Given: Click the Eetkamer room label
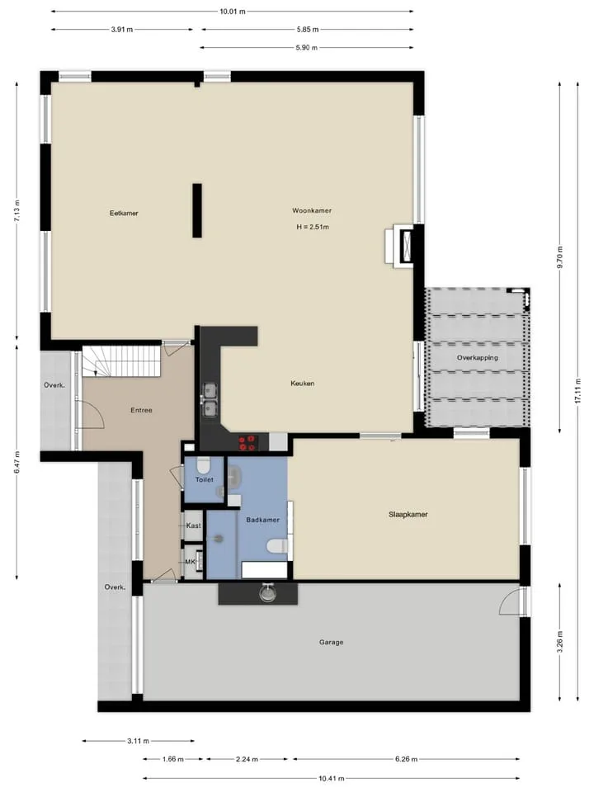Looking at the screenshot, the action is click(124, 214).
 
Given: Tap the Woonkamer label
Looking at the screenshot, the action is click(312, 211).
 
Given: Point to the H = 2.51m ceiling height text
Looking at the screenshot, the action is click(313, 227).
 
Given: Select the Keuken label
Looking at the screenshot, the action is click(302, 384).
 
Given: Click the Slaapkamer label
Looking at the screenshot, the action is click(408, 515).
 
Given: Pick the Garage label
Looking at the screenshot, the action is click(331, 642).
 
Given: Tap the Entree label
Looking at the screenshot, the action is click(141, 410).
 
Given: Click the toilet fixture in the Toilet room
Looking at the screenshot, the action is click(204, 465).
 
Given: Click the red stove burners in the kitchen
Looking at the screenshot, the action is click(247, 443).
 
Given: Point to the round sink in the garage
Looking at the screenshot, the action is click(267, 593).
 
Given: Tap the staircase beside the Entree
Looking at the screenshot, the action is click(121, 361).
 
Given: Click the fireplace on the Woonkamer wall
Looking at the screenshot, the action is click(399, 245).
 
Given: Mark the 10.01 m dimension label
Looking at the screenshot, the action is click(232, 12).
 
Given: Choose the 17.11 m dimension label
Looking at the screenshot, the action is click(578, 391).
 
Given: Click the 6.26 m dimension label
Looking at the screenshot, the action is click(406, 759).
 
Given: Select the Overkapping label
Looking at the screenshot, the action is click(477, 358).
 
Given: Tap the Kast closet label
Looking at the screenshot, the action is click(193, 525).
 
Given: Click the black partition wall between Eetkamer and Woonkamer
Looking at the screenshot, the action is click(197, 210).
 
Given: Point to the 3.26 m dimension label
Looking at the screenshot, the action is click(560, 642).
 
